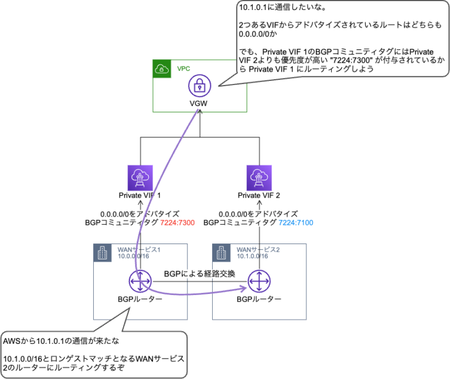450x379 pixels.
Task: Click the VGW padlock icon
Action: tap(199, 86)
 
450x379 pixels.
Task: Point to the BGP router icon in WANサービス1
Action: tap(140, 282)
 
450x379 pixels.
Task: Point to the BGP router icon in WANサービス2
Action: tap(259, 282)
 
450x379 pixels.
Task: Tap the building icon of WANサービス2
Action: tap(221, 253)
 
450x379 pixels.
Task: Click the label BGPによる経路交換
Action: tap(199, 274)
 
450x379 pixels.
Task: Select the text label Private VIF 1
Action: tap(140, 195)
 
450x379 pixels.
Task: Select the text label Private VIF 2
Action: tap(259, 195)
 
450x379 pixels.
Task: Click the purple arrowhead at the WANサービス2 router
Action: tap(243, 287)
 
